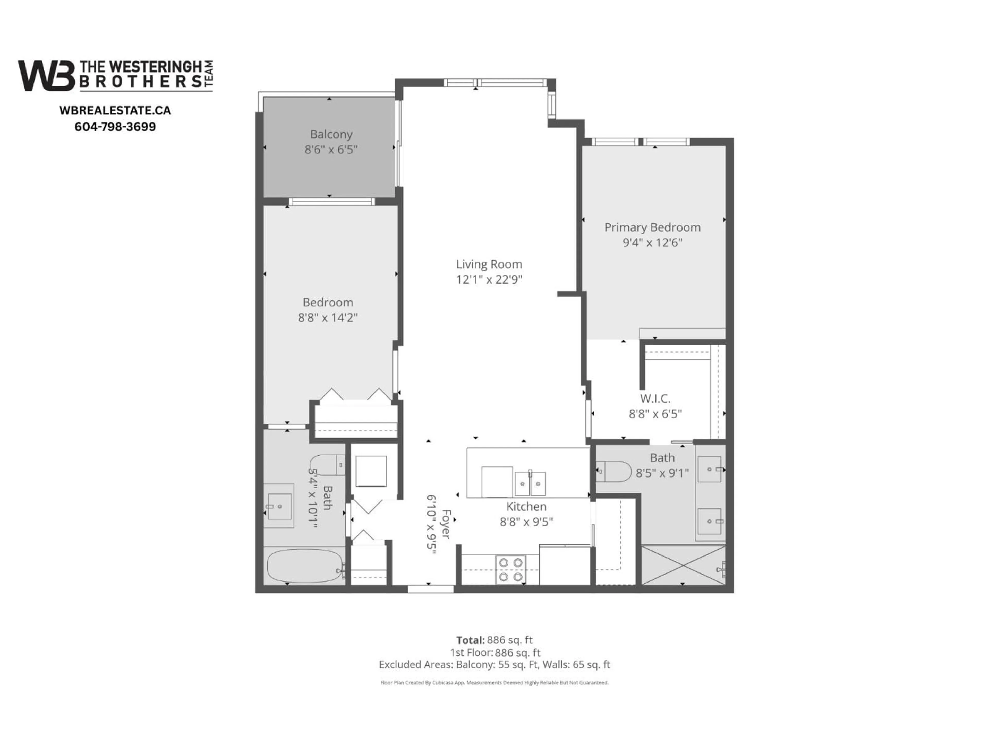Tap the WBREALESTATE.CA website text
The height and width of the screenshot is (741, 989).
(115, 110)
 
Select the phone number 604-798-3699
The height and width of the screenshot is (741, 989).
(115, 127)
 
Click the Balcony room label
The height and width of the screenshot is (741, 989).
(331, 134)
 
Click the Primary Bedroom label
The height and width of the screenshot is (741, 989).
(652, 227)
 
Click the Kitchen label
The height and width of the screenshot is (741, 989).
(526, 507)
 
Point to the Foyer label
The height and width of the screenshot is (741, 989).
(446, 524)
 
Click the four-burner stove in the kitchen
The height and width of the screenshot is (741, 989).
(510, 569)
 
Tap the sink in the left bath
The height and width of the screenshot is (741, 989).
(279, 506)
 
